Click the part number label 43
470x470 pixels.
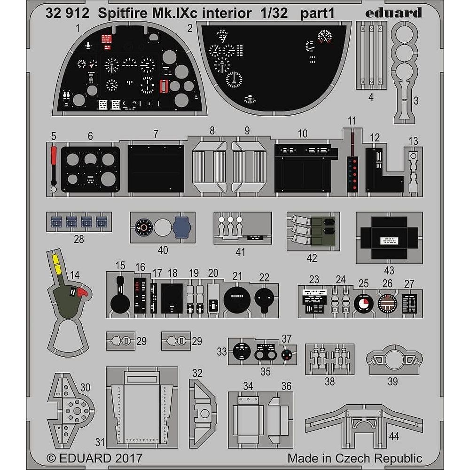click(x=389, y=271)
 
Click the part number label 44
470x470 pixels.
click(x=394, y=436)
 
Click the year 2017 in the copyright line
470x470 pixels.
click(x=126, y=458)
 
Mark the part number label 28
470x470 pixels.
click(x=78, y=239)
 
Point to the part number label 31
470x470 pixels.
click(x=100, y=442)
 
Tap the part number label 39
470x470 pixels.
click(x=392, y=382)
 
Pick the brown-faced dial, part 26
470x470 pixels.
click(x=387, y=304)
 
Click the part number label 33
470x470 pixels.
click(x=222, y=351)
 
